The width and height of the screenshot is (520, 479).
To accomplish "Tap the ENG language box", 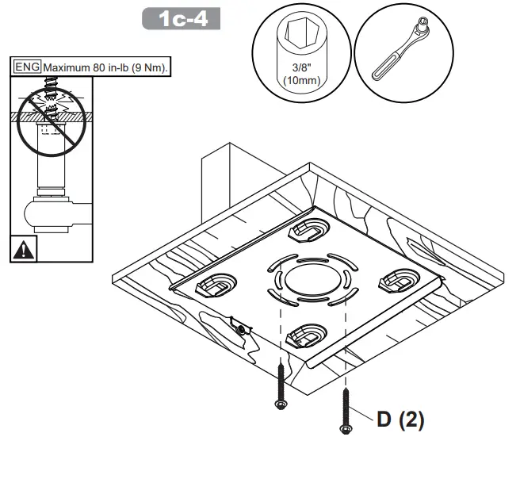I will coord(28,67).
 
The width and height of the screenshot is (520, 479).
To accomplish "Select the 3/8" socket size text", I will coord(300,70).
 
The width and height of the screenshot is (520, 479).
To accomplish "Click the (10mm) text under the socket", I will coord(300,80).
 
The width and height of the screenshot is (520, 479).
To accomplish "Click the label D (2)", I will coord(400,420).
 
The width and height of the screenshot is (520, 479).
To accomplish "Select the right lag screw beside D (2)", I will coord(346,411).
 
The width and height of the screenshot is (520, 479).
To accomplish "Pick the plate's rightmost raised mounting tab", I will coord(400,279).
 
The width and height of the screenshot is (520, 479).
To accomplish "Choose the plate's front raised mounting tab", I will coord(305,337).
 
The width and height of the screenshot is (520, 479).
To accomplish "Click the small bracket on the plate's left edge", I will coord(239,326).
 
